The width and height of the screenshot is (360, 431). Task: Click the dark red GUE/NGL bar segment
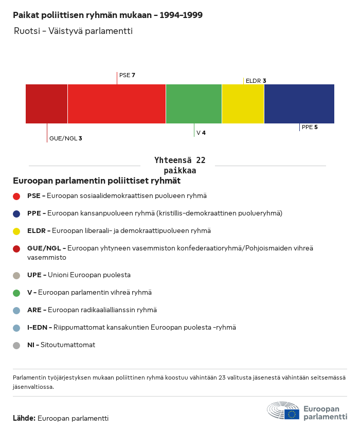point(46,104)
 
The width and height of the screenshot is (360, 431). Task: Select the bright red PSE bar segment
point(116,104)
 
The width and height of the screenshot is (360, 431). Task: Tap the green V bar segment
point(194,104)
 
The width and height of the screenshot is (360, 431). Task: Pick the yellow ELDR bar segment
point(243,104)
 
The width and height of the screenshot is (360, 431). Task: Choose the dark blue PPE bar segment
point(299,104)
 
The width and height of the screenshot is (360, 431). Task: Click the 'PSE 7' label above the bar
point(127,76)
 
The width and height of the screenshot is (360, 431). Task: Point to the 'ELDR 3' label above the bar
point(256,81)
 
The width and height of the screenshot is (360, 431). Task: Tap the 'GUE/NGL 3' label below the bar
point(65,138)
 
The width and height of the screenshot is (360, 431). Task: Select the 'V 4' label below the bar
point(201,133)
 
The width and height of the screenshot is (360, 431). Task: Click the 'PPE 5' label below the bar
point(310,127)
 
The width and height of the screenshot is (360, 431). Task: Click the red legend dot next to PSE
point(16,196)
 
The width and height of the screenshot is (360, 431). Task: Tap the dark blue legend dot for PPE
point(16,213)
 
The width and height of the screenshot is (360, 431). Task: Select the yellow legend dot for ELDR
point(16,231)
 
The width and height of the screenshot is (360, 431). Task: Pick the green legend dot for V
point(16,293)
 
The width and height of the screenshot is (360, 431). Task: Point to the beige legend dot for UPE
point(16,275)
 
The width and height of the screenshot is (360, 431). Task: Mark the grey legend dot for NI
point(16,345)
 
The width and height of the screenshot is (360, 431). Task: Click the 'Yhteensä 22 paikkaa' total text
point(179,166)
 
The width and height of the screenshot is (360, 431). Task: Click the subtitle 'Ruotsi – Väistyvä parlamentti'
point(74,31)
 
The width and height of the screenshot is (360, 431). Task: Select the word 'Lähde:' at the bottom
point(24,419)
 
